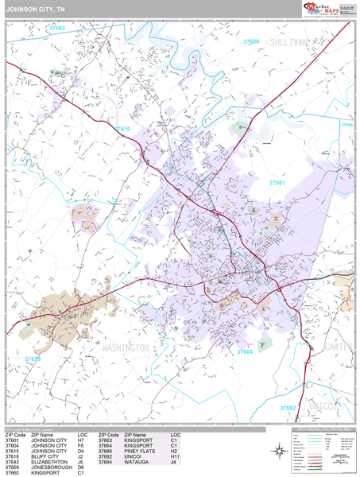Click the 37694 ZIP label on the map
[346, 125]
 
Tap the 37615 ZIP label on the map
[121, 128]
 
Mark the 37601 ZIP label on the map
[277, 183]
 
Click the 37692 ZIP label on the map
[287, 407]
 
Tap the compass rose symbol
[279, 452]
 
